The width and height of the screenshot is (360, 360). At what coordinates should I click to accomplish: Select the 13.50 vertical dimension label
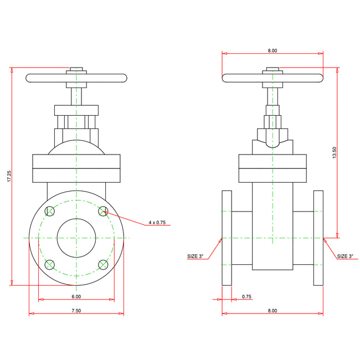(334, 153)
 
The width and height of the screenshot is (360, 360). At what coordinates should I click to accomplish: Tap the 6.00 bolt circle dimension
(76, 297)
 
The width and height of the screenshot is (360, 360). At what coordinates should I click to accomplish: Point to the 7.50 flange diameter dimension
(76, 311)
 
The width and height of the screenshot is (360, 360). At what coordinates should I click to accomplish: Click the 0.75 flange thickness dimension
(246, 297)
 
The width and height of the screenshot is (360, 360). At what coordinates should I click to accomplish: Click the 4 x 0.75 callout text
(157, 223)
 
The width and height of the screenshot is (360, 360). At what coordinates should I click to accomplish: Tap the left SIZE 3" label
(195, 256)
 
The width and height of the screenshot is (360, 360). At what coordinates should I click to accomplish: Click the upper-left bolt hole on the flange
(50, 211)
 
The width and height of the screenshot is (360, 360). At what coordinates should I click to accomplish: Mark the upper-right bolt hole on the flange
(102, 211)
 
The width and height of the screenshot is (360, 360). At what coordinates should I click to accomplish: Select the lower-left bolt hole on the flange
(50, 264)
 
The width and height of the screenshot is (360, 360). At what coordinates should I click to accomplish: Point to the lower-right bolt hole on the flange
(102, 264)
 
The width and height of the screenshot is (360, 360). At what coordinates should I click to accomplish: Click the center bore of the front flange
(76, 238)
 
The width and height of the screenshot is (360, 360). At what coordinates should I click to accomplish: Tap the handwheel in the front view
(44, 78)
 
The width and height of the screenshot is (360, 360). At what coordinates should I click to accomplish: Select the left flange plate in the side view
(227, 238)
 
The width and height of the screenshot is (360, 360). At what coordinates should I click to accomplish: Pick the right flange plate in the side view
(318, 238)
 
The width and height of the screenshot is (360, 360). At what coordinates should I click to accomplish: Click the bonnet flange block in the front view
(76, 168)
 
